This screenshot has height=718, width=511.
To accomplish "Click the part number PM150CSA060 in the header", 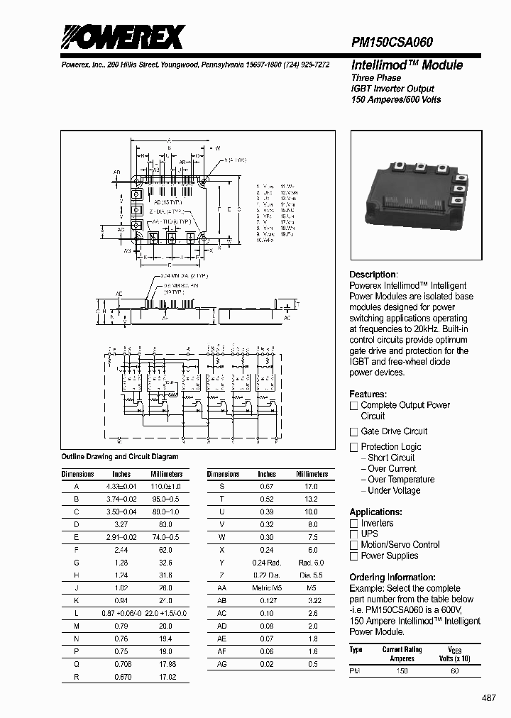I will click(x=392, y=43).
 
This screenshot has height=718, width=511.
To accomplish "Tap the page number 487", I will click(x=489, y=698).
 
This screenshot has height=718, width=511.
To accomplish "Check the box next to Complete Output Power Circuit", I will click(x=353, y=406).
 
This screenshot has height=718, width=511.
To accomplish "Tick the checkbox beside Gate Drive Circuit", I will click(x=353, y=431).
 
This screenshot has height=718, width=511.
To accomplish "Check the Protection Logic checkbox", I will click(x=353, y=447).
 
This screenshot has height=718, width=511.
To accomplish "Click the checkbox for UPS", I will click(x=353, y=534).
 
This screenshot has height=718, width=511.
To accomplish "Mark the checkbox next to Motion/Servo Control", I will click(x=353, y=545).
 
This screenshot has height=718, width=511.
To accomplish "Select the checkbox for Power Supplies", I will click(x=353, y=556).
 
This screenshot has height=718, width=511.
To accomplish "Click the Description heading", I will click(x=373, y=275).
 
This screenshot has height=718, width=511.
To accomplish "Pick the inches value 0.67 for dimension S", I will click(x=267, y=487).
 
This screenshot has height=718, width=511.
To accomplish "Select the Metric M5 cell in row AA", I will click(x=267, y=588).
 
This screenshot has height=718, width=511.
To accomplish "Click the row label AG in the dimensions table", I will click(x=222, y=664).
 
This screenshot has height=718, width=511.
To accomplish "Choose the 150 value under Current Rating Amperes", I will click(x=402, y=670).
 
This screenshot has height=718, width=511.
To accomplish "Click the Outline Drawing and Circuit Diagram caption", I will click(x=120, y=457).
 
